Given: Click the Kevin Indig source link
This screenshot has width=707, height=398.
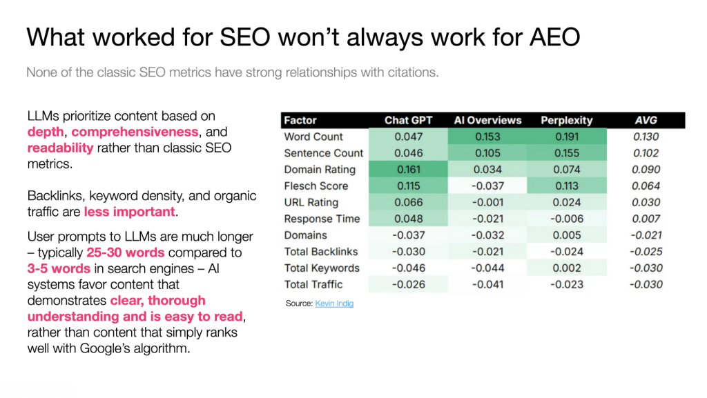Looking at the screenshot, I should pyautogui.click(x=334, y=304).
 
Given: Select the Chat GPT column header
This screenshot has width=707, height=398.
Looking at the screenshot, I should pyautogui.click(x=408, y=120).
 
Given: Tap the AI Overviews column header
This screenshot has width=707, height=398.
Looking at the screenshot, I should pyautogui.click(x=487, y=120).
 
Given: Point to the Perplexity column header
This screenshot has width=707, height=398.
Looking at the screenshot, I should pyautogui.click(x=566, y=120).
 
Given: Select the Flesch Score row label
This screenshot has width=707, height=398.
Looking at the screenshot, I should pyautogui.click(x=316, y=186).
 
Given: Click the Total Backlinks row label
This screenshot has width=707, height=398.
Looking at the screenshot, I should pyautogui.click(x=320, y=252).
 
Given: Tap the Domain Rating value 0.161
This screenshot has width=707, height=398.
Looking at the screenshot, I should pyautogui.click(x=408, y=170).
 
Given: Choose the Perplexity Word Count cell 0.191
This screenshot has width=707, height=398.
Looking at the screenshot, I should pyautogui.click(x=566, y=137).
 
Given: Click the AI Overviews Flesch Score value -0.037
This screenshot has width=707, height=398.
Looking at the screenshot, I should pyautogui.click(x=487, y=186).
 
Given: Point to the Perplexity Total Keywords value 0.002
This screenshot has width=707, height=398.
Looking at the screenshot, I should pyautogui.click(x=566, y=268).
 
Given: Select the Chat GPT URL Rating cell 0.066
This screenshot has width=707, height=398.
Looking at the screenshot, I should pyautogui.click(x=408, y=202).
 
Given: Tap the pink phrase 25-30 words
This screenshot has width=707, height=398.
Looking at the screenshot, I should pyautogui.click(x=125, y=252).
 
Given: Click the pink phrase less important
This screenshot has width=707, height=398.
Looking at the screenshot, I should pyautogui.click(x=130, y=212).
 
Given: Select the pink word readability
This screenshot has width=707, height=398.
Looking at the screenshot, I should pyautogui.click(x=60, y=148).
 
